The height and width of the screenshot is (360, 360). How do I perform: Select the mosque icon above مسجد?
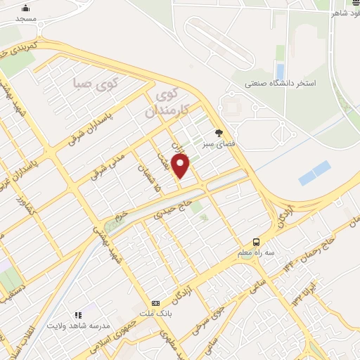26,8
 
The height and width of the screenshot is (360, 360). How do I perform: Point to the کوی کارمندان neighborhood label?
165,102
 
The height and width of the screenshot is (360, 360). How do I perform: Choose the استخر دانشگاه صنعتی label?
281,83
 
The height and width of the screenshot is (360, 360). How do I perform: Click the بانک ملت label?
155,314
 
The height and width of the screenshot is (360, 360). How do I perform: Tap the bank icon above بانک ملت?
155,302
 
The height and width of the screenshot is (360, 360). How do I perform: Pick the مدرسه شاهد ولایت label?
78,326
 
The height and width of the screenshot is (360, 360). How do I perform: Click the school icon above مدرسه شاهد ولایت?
78,314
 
